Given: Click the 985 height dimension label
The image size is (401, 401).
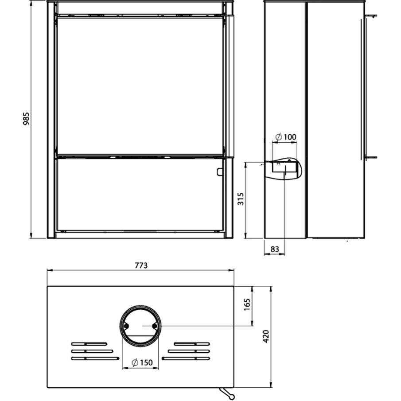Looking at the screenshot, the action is (x=26, y=119).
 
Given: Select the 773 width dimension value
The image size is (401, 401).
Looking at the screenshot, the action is (x=141, y=265).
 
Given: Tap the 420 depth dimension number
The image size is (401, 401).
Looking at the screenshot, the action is (x=266, y=337).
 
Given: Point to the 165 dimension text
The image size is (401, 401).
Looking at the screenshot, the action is (x=247, y=304).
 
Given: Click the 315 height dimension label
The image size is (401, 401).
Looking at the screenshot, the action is (x=241, y=199).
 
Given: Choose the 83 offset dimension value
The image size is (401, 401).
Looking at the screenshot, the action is (x=274, y=249).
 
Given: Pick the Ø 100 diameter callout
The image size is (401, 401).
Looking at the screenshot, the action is (x=286, y=137).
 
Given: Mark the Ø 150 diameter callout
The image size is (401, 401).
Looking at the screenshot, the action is (x=142, y=362).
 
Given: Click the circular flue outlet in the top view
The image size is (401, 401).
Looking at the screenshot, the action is (x=140, y=305).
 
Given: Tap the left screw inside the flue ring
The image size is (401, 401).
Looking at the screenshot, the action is (x=126, y=326).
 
